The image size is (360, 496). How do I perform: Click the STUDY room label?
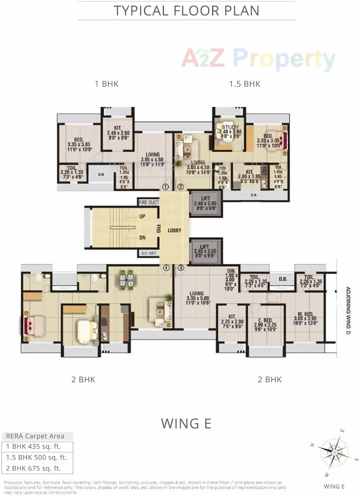[x=230, y=127]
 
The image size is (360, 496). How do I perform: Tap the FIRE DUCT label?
[x=149, y=202]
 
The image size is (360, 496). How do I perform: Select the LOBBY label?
[x=174, y=230]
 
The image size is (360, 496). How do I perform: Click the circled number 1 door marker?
[x=166, y=187]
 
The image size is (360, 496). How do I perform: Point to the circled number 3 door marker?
[x=181, y=268]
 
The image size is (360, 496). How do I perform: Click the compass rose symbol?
[x=334, y=452]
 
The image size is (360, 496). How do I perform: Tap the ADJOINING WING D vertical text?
[x=348, y=311]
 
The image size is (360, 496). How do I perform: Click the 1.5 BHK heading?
[x=245, y=84]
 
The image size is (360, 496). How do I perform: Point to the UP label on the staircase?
[x=142, y=216]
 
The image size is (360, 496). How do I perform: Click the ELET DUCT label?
[x=149, y=253]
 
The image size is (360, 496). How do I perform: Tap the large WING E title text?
[x=186, y=423]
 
